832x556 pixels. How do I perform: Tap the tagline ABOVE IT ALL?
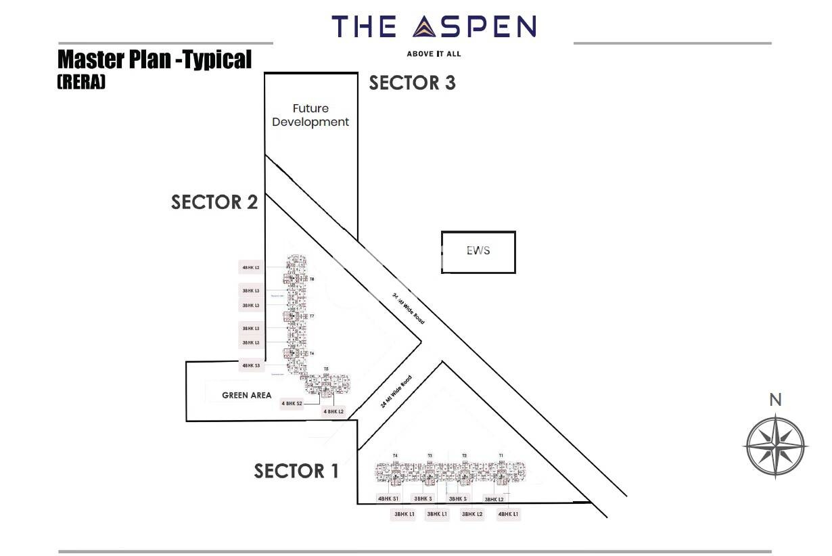(x=434, y=53)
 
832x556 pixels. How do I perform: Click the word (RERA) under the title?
(x=81, y=83)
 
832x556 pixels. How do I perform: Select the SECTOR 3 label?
(x=412, y=83)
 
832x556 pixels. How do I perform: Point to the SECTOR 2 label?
(x=214, y=202)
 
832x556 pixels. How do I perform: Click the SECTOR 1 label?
(x=296, y=471)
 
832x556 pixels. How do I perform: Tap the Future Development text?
(x=310, y=115)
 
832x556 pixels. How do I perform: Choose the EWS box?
(x=478, y=252)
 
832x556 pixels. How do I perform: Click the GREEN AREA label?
(x=247, y=395)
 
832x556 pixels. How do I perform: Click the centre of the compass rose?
(x=775, y=446)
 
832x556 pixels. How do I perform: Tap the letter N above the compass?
(x=775, y=400)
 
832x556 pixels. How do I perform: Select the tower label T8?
(x=312, y=279)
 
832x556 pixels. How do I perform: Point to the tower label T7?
(x=312, y=317)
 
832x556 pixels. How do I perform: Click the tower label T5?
(x=326, y=369)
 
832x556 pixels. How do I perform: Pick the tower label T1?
(x=501, y=455)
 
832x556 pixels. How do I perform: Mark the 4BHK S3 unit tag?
(x=251, y=365)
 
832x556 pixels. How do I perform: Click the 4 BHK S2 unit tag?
(x=292, y=403)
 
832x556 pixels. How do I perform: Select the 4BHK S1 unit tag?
(x=389, y=499)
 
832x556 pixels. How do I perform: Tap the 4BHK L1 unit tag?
(x=508, y=515)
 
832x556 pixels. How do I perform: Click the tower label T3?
(x=430, y=455)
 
